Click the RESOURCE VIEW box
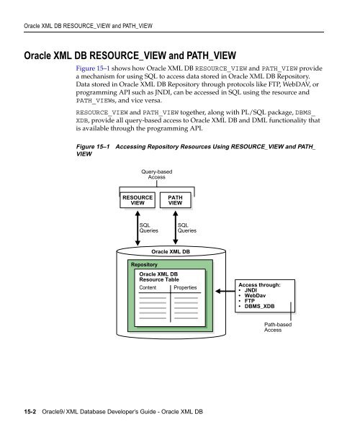click(138, 200)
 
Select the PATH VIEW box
click(175, 200)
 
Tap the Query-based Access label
click(157, 174)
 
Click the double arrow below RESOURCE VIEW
click(138, 228)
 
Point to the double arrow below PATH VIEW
click(176, 228)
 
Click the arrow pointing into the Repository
click(225, 291)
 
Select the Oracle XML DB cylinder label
click(171, 251)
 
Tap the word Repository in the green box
click(144, 264)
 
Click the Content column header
click(148, 287)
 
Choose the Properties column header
click(185, 287)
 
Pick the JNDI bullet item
click(251, 290)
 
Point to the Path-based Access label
click(278, 327)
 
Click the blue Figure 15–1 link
click(93, 68)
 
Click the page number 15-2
click(30, 412)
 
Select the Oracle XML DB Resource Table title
click(159, 276)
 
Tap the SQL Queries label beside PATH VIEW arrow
click(187, 228)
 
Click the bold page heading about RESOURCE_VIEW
click(130, 55)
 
